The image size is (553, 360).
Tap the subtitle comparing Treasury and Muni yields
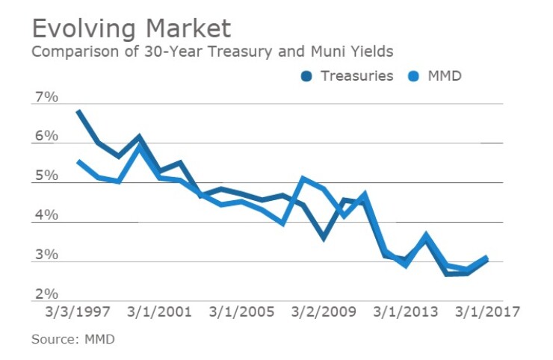coord(212,52)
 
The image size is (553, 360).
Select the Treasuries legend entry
coord(348,75)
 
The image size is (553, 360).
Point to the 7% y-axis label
coord(46,97)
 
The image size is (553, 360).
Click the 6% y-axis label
coord(46,137)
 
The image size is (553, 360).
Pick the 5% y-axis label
coord(46,176)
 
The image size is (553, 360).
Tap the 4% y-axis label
coord(46,216)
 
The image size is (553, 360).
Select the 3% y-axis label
coord(46,255)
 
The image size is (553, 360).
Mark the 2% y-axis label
coord(46,294)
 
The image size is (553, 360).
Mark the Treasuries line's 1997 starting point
coord(79,112)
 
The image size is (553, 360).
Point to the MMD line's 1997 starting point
coord(79,161)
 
